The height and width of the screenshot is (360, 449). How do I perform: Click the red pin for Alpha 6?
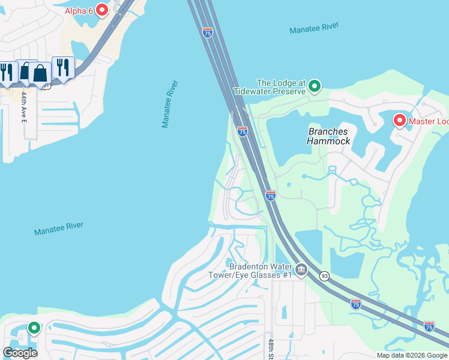pos(101,10)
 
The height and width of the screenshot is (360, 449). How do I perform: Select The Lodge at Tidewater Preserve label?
pos(281,87)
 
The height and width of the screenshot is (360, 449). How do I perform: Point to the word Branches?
pos(328,131)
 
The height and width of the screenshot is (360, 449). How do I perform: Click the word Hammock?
pos(328,141)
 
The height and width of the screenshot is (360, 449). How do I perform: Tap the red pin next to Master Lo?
pos(399,121)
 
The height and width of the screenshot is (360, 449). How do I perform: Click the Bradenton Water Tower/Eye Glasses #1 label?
pos(260,271)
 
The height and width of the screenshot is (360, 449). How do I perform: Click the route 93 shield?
pos(324,275)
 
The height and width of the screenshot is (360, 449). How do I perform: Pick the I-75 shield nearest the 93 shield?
pos(356,304)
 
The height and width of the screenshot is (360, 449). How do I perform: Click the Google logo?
pos(20,352)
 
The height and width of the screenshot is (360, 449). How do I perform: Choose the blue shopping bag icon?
pos(40,73)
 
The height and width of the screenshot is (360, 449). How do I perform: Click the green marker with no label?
pos(34,328)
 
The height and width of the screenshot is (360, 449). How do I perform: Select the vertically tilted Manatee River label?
pos(170,104)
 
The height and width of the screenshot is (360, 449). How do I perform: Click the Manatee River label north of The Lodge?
pos(314,28)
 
